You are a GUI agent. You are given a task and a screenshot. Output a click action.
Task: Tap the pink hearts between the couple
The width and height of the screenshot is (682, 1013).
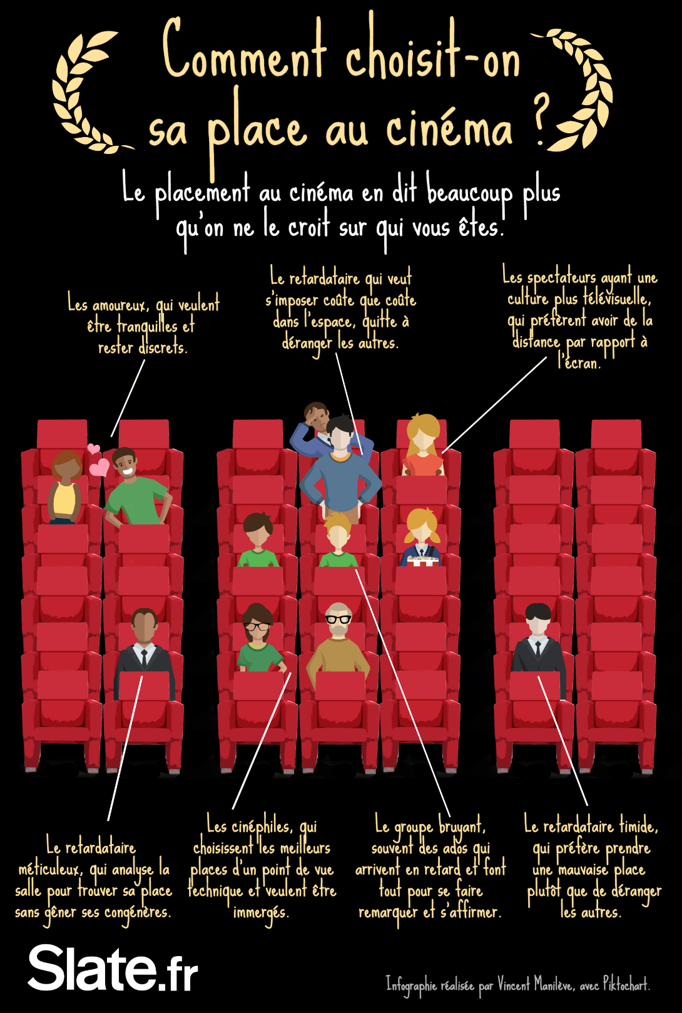(x=97, y=461)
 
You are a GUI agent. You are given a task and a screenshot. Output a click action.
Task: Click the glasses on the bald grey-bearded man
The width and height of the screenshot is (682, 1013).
(x=338, y=619)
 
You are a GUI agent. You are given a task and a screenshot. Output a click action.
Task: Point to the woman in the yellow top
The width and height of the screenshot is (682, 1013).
(x=65, y=488)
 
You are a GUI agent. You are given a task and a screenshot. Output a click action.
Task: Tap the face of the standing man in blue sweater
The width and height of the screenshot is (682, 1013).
(x=340, y=436)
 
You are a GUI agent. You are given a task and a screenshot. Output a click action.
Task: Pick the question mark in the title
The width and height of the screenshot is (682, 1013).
(x=541, y=119)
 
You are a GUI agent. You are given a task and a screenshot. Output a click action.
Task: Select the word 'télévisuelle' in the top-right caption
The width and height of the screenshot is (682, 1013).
(x=616, y=298)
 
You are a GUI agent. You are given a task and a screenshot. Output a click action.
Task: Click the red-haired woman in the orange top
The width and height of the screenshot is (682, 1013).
(x=423, y=445)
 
